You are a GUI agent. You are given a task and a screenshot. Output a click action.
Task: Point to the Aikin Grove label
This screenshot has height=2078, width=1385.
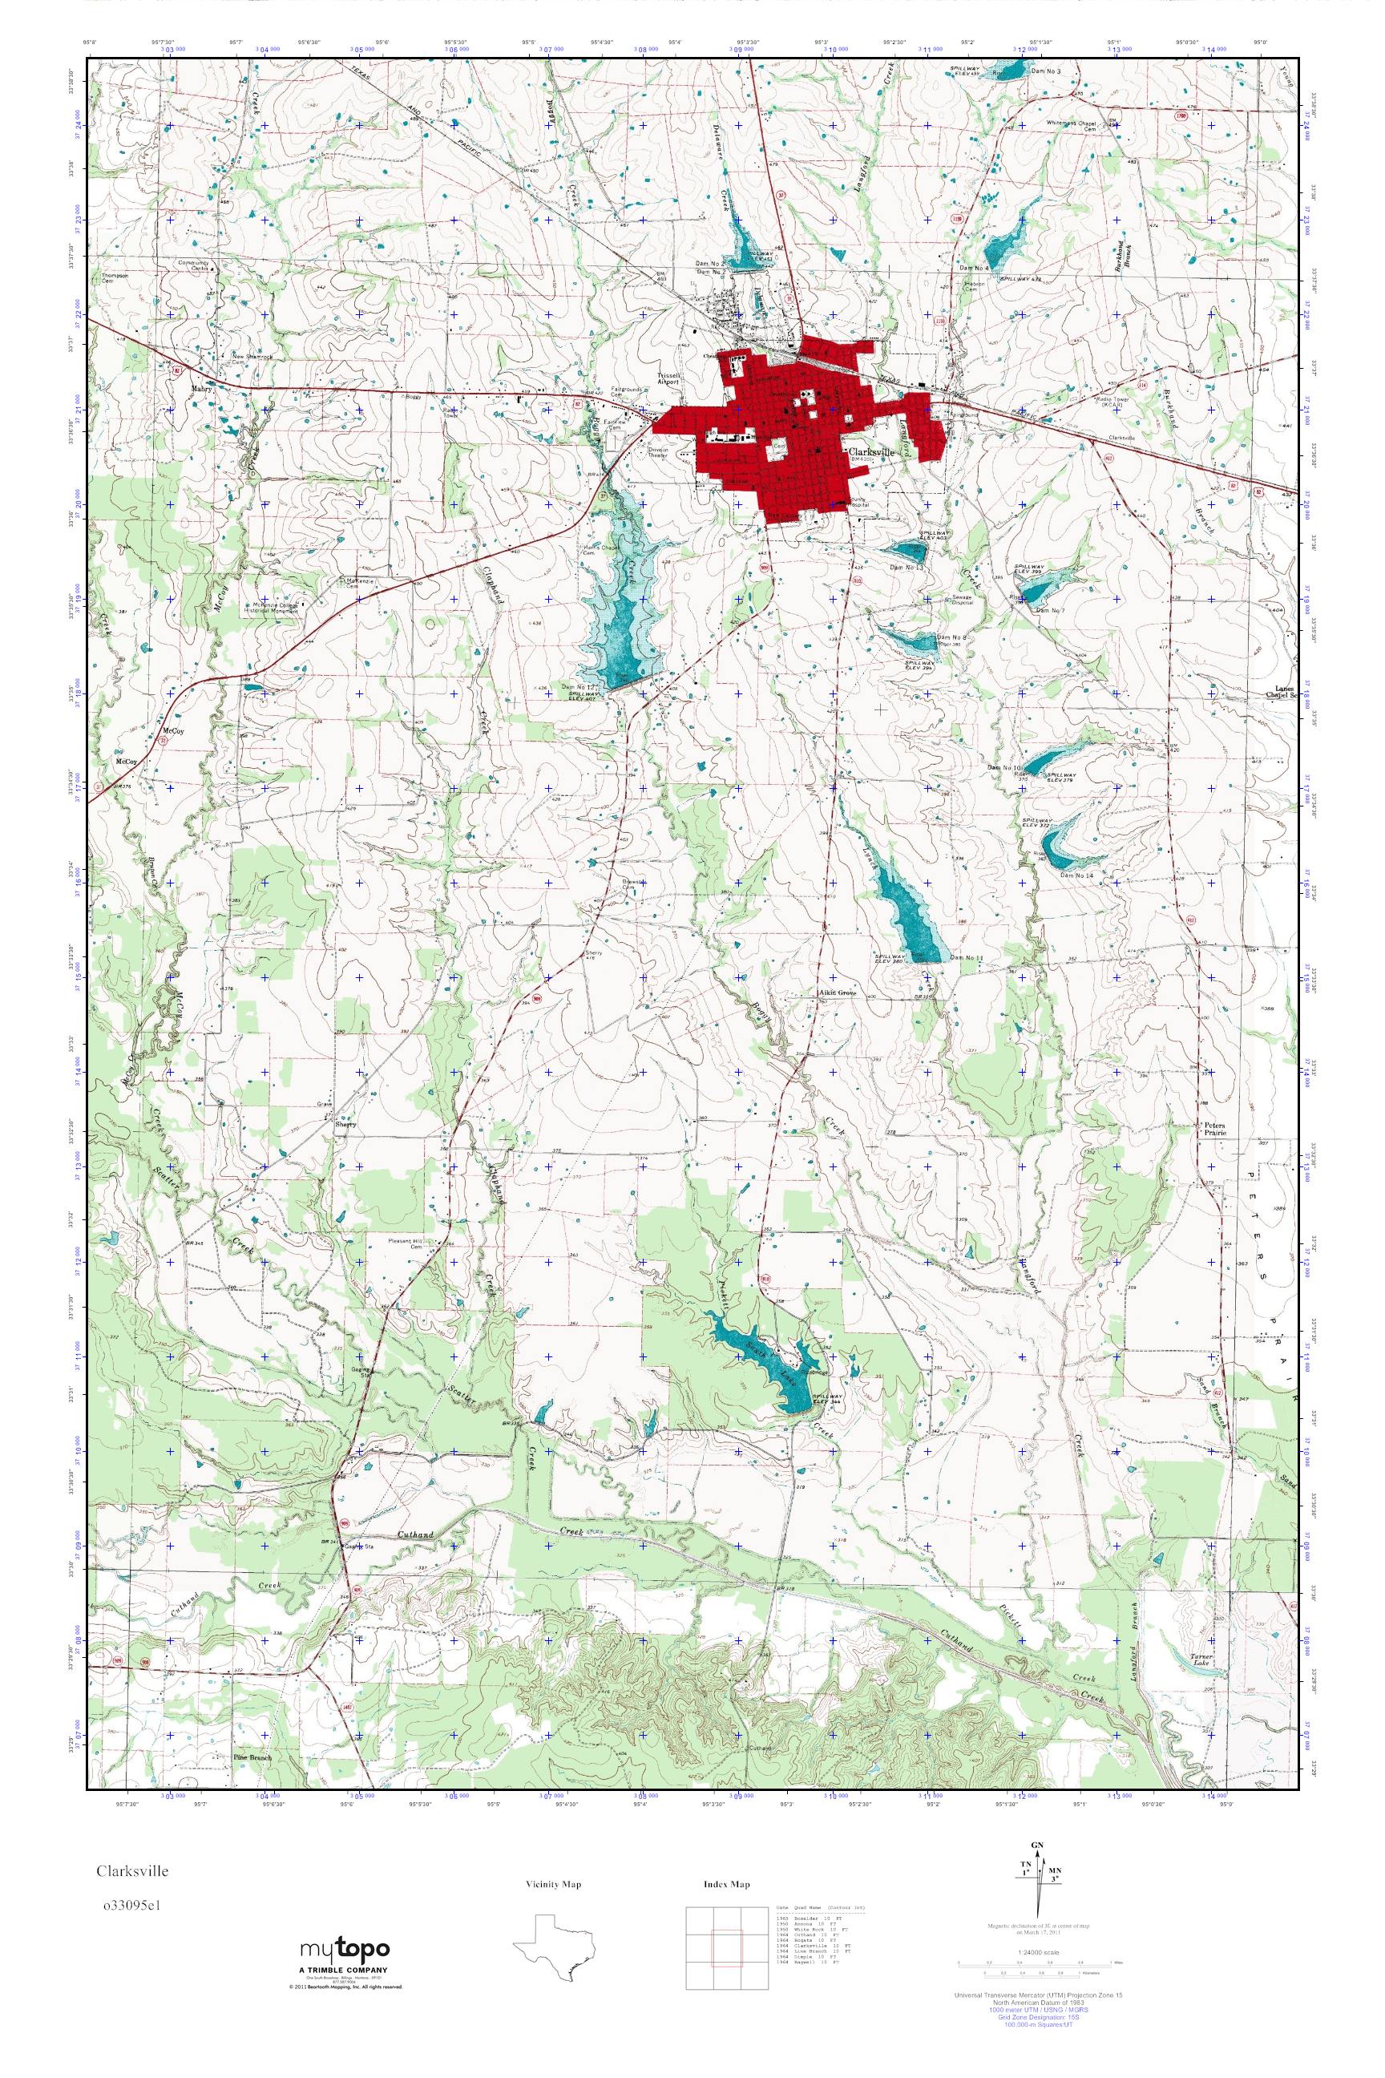(838, 993)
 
